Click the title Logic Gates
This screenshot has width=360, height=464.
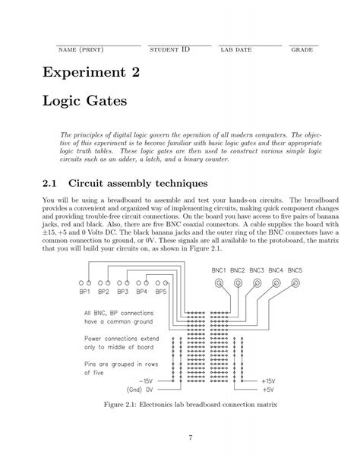tap(90, 100)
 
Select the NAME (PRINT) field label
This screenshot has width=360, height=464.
tap(81, 50)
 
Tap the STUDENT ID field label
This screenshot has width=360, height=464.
tap(170, 50)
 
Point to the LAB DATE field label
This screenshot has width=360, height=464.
tap(236, 50)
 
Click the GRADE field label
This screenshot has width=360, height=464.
tap(302, 50)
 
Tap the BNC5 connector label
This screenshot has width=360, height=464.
tap(295, 270)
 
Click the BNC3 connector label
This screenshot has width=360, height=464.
tap(257, 270)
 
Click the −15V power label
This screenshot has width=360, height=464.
tap(147, 379)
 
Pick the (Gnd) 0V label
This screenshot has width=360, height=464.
tap(142, 387)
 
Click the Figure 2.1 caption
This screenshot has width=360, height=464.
tap(180, 404)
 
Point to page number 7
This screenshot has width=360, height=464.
tap(180, 437)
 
